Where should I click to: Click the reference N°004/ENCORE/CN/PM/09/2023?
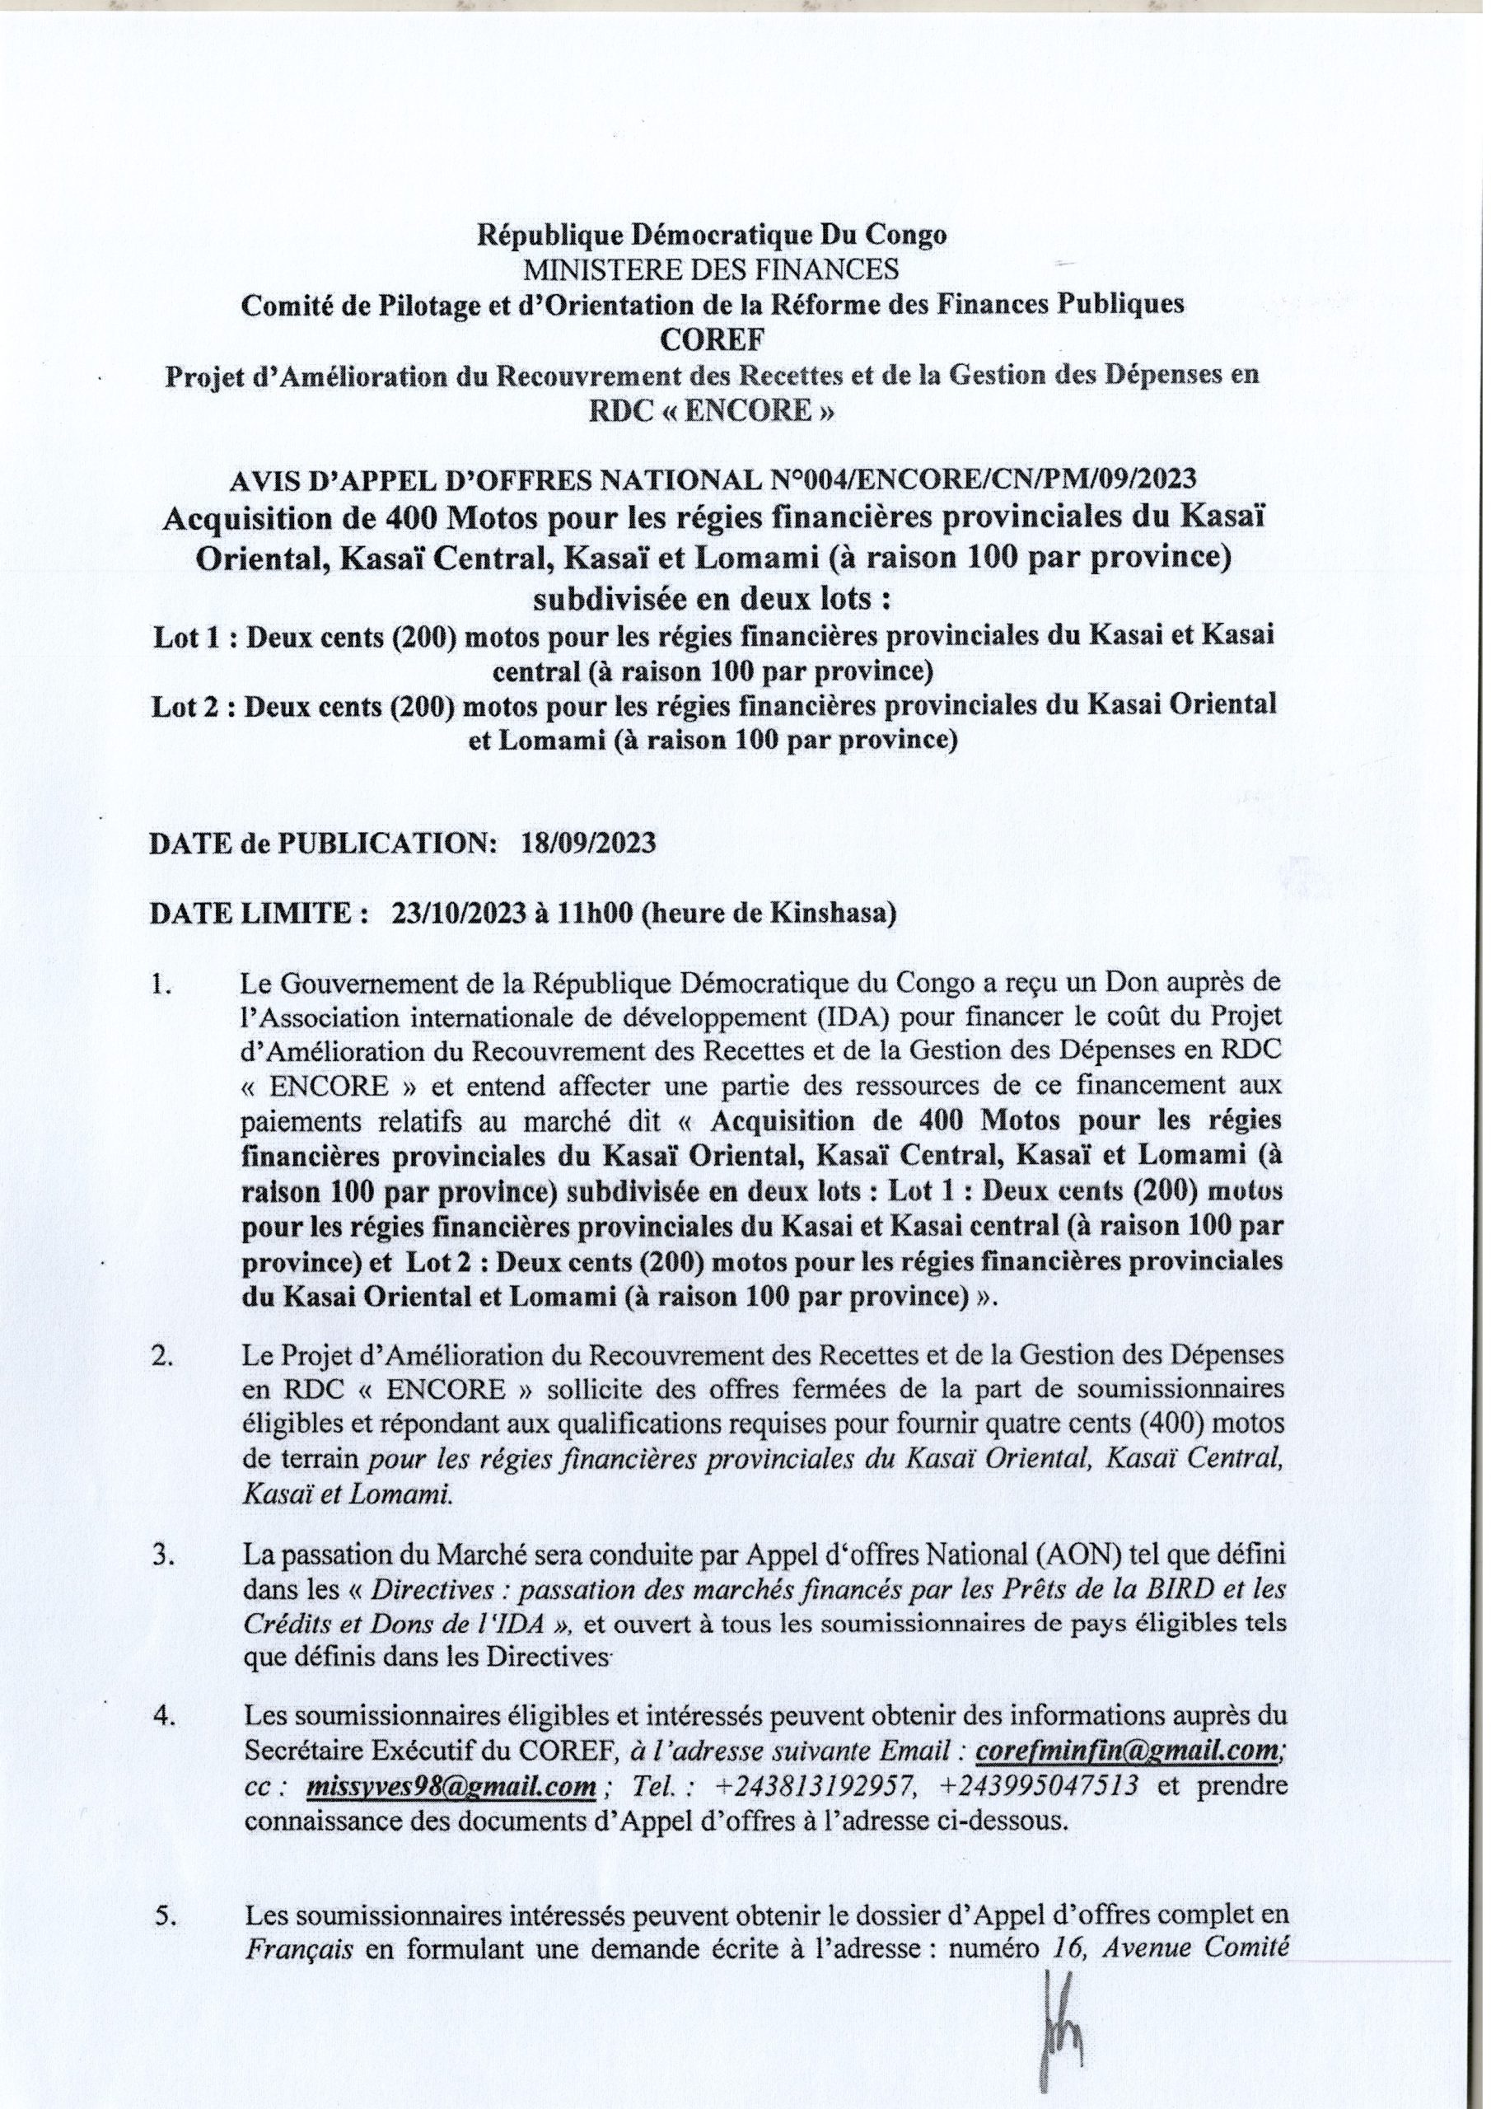pos(982,478)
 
